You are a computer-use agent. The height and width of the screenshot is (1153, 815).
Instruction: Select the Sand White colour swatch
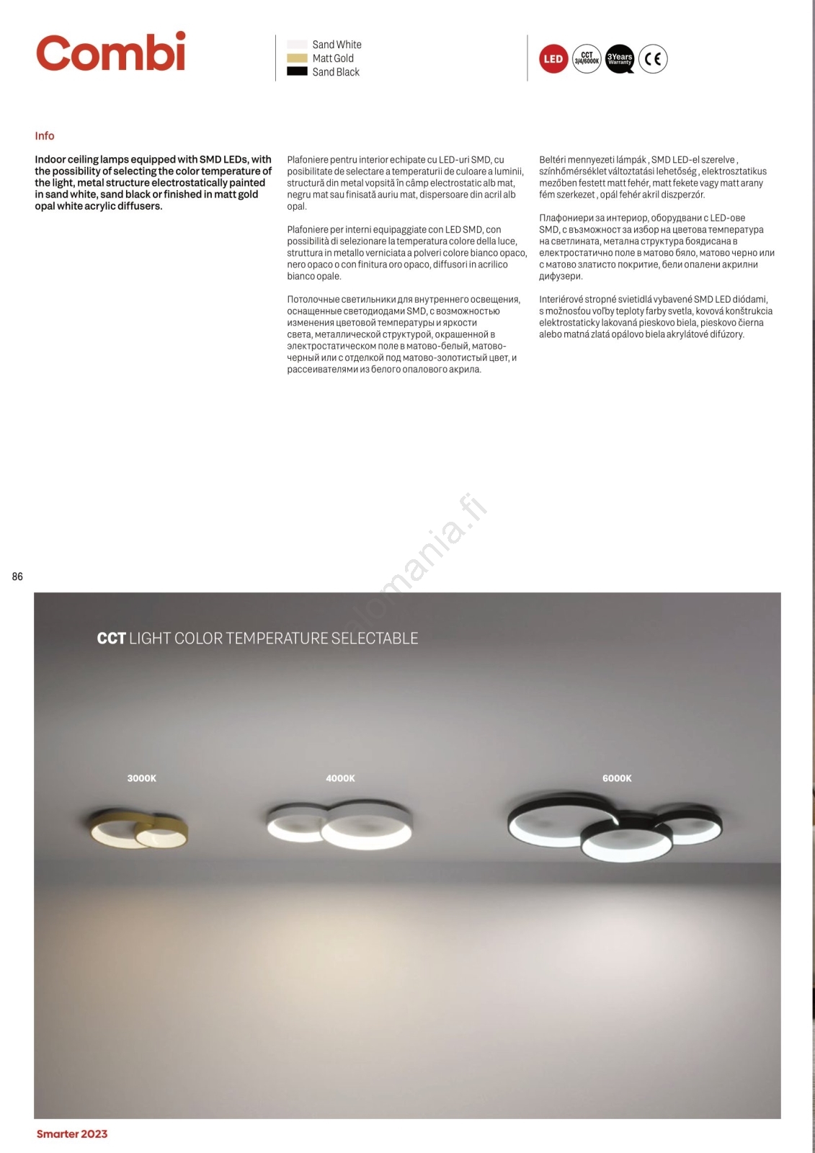[297, 45]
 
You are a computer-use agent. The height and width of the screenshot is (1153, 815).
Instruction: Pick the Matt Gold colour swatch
[297, 58]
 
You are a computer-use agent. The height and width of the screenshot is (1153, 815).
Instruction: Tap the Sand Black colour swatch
[297, 72]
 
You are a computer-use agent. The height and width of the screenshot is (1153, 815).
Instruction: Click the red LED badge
[553, 59]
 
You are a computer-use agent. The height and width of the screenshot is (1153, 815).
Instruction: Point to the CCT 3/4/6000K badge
[587, 59]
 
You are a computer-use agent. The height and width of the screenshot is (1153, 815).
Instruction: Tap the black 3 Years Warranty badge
[620, 59]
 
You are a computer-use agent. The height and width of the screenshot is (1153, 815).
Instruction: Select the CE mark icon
[653, 59]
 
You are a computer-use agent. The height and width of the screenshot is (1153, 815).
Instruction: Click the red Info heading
[45, 135]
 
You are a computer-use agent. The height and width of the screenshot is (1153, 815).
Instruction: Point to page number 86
[17, 576]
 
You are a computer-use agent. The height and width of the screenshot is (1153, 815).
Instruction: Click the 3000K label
[142, 778]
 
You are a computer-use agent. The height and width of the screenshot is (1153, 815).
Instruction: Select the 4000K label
[340, 778]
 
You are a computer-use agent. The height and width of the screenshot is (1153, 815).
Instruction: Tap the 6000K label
[617, 778]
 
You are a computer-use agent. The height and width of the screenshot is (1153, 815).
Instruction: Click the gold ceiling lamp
[138, 829]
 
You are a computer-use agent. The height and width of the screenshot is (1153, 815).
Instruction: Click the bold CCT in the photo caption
[112, 638]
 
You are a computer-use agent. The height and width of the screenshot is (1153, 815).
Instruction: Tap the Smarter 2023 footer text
[72, 1134]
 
